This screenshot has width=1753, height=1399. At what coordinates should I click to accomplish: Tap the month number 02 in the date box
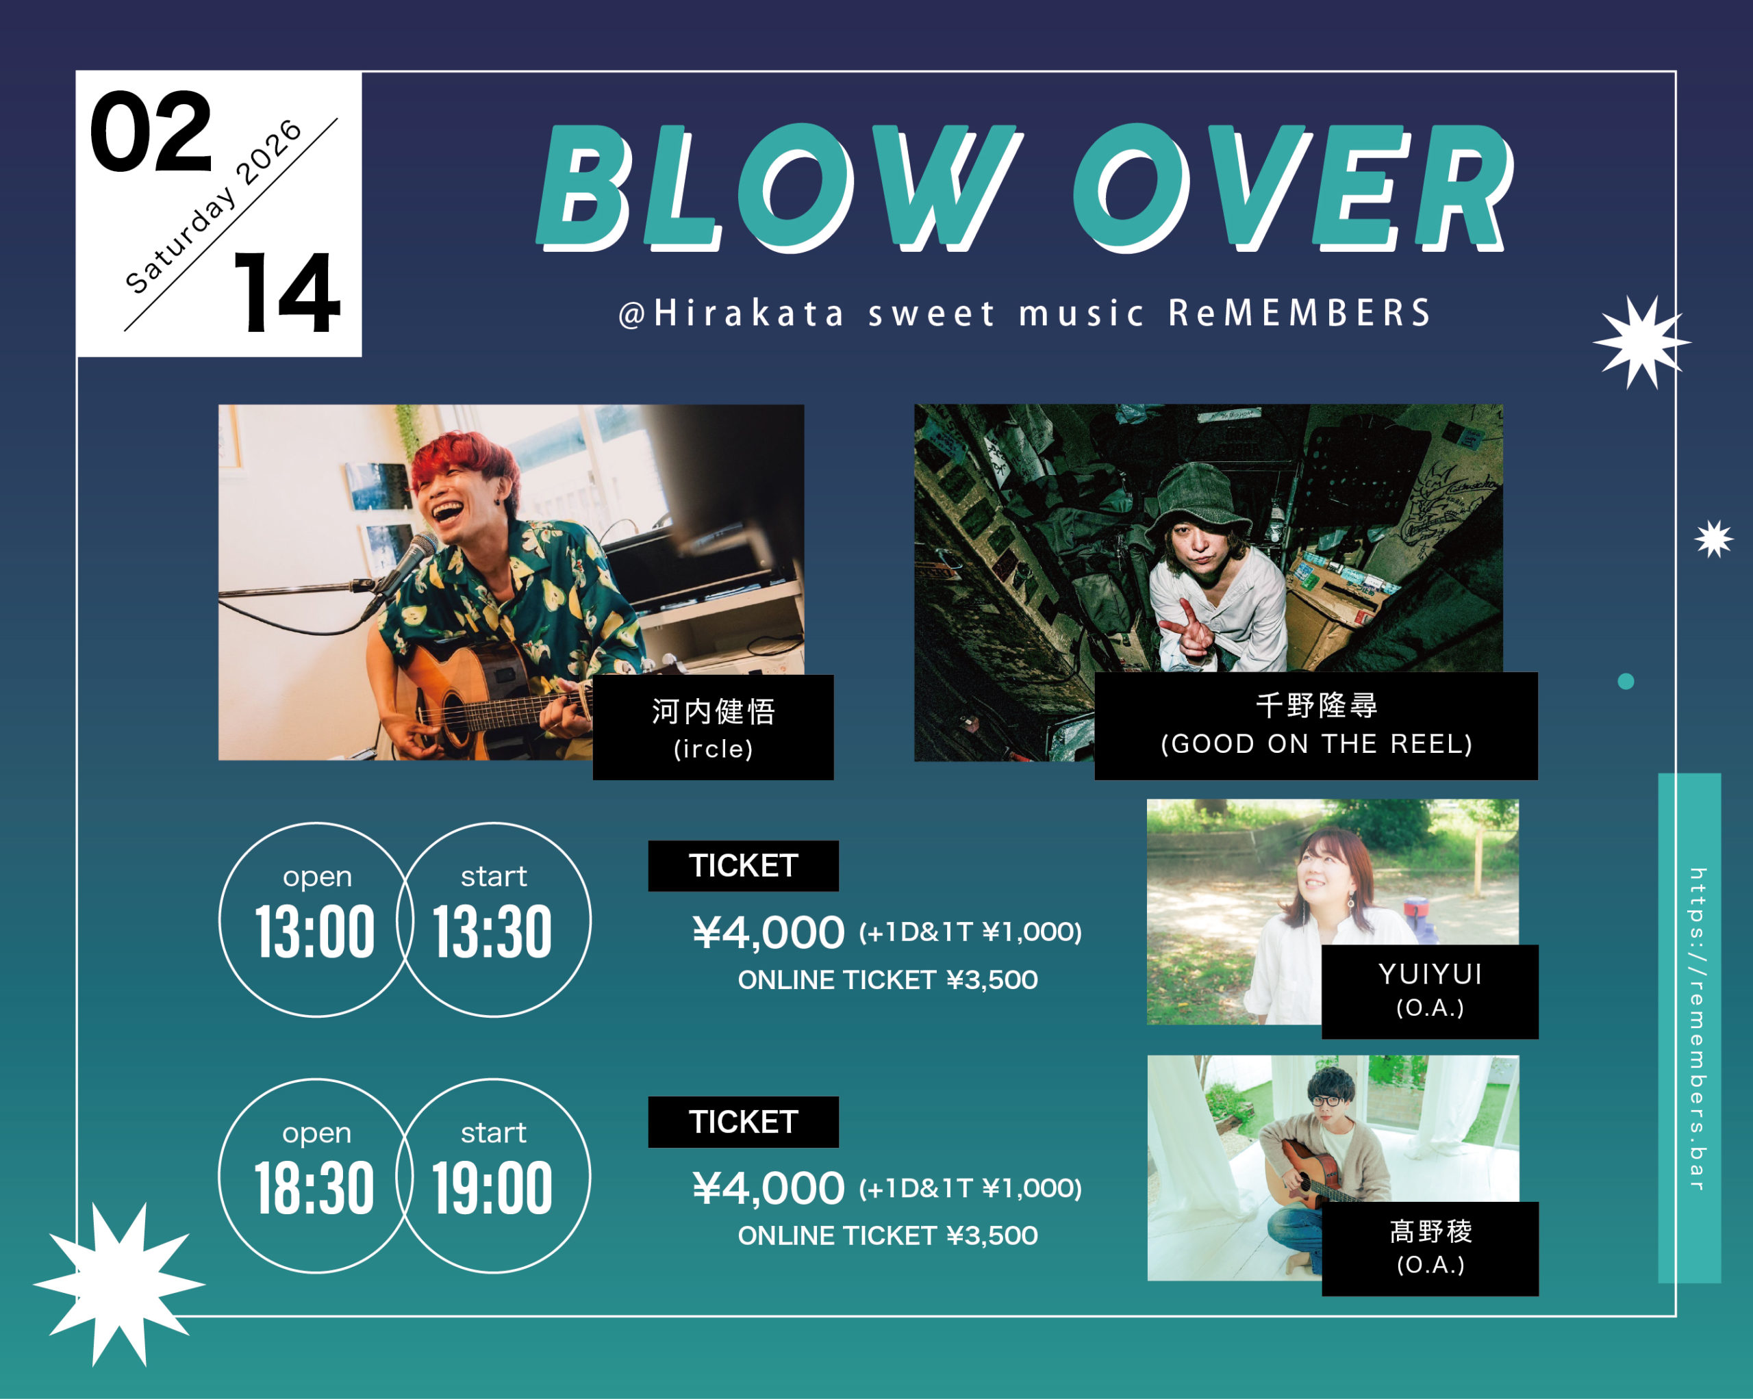click(151, 131)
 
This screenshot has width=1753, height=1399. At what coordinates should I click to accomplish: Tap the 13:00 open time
click(316, 932)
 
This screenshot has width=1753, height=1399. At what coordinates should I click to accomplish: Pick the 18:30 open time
click(316, 1188)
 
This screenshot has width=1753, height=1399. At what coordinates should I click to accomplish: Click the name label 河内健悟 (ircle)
click(713, 728)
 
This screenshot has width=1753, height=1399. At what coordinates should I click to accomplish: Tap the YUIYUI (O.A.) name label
click(1430, 992)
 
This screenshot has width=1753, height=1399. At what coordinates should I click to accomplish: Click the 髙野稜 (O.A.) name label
click(1430, 1248)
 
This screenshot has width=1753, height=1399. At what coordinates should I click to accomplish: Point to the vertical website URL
click(1697, 1028)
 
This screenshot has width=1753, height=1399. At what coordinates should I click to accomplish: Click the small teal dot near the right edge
click(1626, 681)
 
